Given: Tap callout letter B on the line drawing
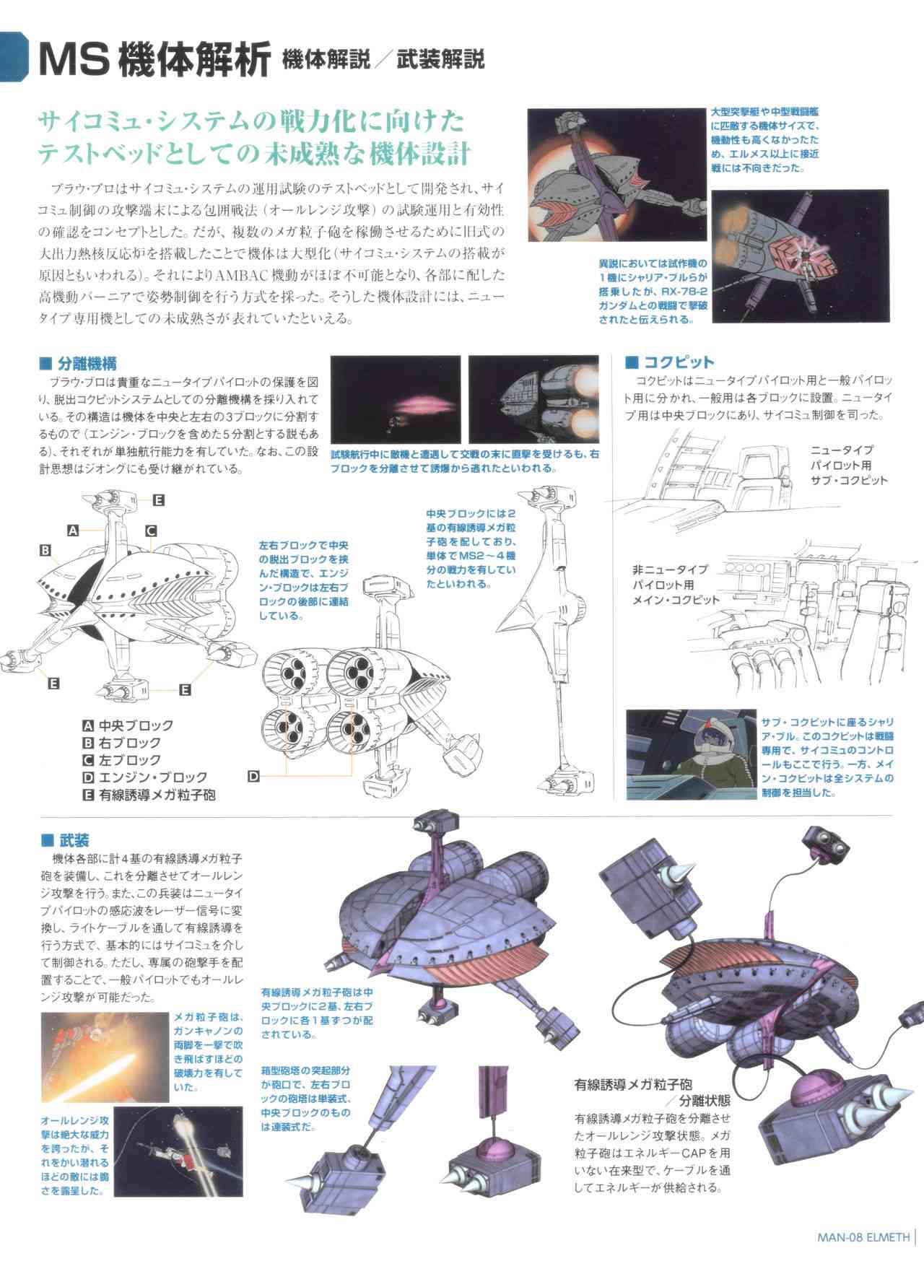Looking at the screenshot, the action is pos(45,551).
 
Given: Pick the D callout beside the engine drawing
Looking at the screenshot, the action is pos(253,777).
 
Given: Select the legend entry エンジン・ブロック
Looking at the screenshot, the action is pos(152,777).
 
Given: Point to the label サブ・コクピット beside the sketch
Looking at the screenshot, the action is pos(849,479).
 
